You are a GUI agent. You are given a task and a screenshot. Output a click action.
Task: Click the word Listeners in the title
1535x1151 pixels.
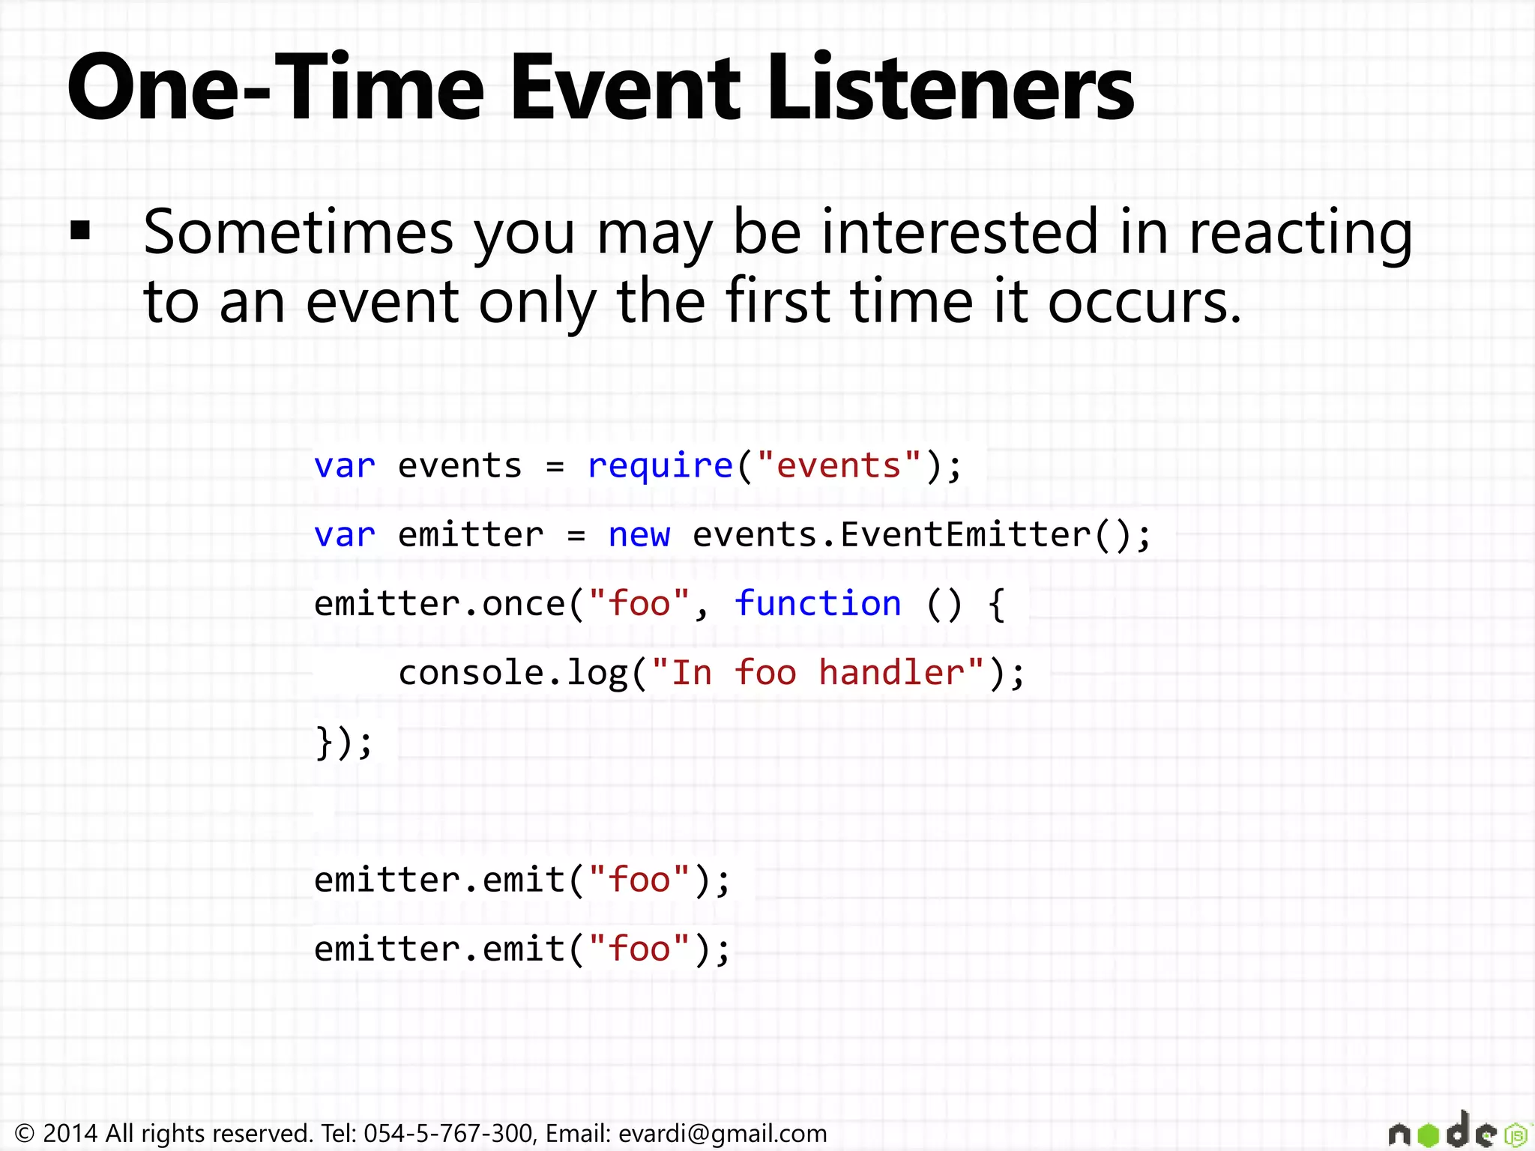(950, 88)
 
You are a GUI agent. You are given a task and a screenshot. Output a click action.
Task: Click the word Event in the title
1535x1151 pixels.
(626, 88)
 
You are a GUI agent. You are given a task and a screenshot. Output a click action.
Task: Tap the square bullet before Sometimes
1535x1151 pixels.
(80, 230)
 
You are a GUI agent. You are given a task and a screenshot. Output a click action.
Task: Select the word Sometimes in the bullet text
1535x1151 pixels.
(298, 232)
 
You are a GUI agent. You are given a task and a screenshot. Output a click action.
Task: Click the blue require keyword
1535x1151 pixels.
(660, 466)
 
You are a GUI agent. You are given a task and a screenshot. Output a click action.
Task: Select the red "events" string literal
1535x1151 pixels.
(839, 466)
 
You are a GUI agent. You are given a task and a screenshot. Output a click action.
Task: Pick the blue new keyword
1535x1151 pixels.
(639, 535)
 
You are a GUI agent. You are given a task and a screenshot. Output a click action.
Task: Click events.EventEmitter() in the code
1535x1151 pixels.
(920, 535)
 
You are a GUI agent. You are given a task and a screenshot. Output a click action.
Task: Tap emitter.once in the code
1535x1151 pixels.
(439, 604)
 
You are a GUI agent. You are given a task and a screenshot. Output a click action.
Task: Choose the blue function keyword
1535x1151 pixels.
(818, 604)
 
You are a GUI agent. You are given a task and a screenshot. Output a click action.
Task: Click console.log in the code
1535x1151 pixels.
(513, 673)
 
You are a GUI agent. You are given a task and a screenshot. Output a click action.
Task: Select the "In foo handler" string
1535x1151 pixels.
(817, 673)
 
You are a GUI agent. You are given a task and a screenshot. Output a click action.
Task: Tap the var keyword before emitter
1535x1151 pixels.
(344, 535)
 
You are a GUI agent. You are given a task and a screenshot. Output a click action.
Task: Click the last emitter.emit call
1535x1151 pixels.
(522, 949)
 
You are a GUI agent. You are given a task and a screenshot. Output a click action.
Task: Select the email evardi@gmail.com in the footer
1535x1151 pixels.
(722, 1133)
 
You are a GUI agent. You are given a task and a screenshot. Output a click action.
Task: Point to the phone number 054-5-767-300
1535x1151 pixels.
(447, 1133)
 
